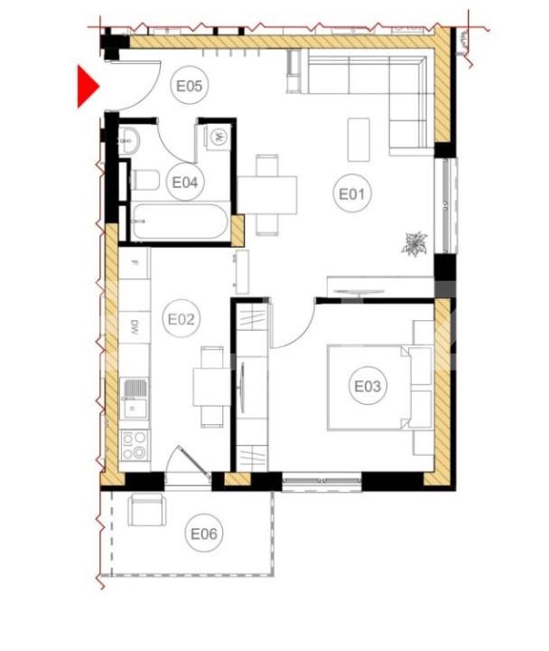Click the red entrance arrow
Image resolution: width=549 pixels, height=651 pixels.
point(87,87)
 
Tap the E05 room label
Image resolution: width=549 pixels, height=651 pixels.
point(190,87)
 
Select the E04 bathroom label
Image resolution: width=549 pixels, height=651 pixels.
point(184,183)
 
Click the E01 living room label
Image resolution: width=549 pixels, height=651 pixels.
point(351,193)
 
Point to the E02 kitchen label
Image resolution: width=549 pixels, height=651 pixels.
point(181,318)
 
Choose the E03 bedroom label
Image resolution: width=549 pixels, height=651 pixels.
point(368,387)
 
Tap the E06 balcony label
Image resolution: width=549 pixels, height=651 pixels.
point(204,534)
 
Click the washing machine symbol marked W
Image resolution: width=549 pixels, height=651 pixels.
point(218,137)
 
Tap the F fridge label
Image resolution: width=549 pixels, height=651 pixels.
point(134,263)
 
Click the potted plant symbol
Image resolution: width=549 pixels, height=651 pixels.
point(416,242)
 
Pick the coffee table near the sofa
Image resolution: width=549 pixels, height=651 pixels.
point(358,139)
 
